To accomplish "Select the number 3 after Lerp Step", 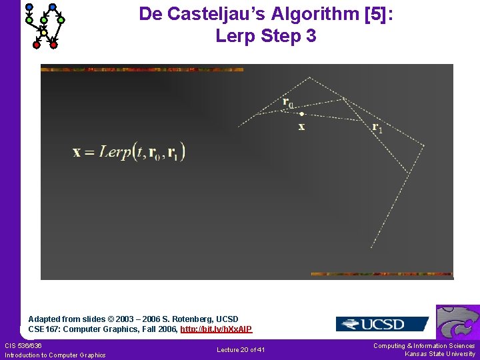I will [x=310, y=36].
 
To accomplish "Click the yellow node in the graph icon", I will [x=44, y=32].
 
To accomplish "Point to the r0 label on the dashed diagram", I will [x=288, y=103].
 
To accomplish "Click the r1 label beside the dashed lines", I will [x=377, y=127].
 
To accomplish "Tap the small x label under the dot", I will [x=301, y=127].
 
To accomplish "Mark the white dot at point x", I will [x=301, y=114].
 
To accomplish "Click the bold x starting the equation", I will [x=77, y=152].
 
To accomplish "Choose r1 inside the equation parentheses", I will [x=173, y=153].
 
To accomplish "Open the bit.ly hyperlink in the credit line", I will [x=216, y=329].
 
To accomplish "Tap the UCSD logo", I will [x=382, y=324].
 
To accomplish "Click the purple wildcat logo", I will [x=459, y=323].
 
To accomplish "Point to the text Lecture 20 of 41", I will [x=241, y=350].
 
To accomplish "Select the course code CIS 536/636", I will [x=23, y=345].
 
